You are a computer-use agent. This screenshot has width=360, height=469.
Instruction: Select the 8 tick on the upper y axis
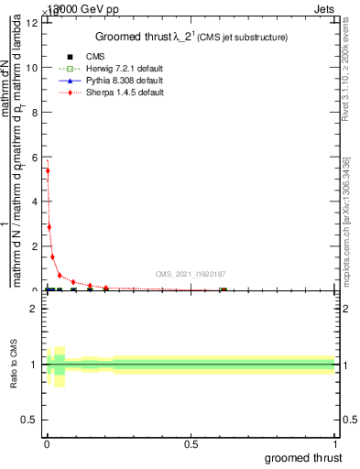coord(36,112)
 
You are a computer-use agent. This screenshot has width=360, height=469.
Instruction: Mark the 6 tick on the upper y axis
coord(36,157)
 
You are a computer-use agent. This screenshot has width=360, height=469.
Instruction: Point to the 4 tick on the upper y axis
coord(36,202)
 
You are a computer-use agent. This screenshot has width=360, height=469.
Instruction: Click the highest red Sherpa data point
coord(48,170)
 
